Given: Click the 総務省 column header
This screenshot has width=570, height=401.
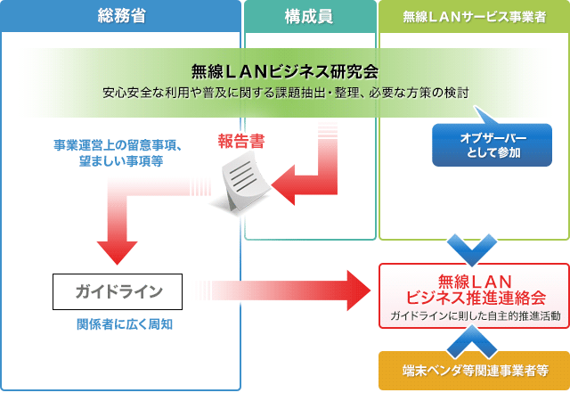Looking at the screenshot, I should pyautogui.click(x=121, y=15).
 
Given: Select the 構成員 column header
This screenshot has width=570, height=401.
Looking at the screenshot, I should pyautogui.click(x=309, y=15).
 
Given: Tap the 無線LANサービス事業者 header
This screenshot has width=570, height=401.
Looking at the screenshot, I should pyautogui.click(x=474, y=15).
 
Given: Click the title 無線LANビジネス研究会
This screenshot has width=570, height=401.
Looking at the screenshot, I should pyautogui.click(x=285, y=71).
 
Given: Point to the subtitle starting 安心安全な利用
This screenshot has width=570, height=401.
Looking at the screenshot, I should pyautogui.click(x=285, y=92).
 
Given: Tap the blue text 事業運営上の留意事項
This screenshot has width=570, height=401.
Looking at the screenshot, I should pyautogui.click(x=118, y=145).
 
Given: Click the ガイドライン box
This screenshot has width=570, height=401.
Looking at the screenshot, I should pyautogui.click(x=118, y=291).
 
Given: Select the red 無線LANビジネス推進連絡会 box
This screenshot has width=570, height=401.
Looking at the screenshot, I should pyautogui.click(x=474, y=295).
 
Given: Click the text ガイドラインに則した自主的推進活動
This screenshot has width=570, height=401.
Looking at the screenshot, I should pyautogui.click(x=474, y=316).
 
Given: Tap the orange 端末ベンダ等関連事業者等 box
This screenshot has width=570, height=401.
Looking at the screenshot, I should pyautogui.click(x=474, y=370).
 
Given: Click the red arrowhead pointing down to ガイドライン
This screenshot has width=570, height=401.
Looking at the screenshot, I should pyautogui.click(x=118, y=251).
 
